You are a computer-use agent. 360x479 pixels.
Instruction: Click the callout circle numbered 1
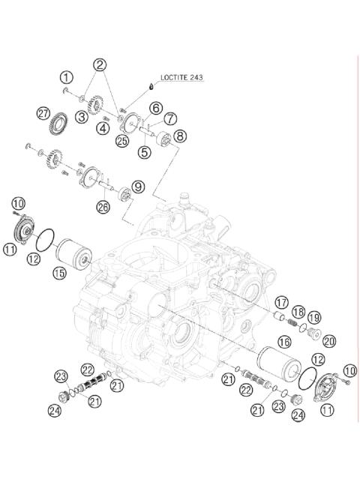[x=67, y=76]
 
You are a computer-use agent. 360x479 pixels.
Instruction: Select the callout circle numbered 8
[x=180, y=136]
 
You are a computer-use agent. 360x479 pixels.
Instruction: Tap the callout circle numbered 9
[x=138, y=186]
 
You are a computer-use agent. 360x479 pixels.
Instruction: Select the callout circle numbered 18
[x=298, y=312]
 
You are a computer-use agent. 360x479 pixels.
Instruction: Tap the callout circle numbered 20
[x=328, y=340]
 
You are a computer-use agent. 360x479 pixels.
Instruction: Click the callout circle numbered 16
[x=284, y=342]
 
